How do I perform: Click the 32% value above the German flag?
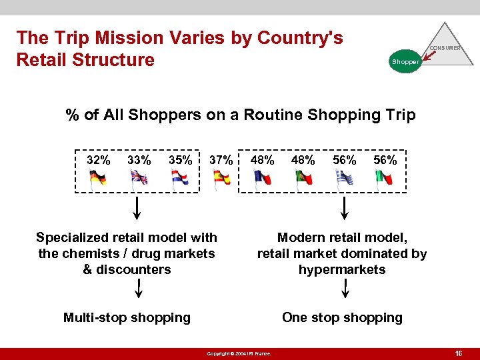tap(99, 160)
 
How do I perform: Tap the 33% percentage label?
tap(139, 160)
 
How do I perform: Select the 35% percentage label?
tap(180, 160)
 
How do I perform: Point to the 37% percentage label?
tap(221, 160)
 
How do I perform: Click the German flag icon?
tap(98, 179)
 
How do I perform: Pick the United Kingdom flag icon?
tap(139, 179)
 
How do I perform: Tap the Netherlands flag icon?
tap(180, 179)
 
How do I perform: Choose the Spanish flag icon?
tap(221, 179)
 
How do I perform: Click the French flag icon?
tap(263, 179)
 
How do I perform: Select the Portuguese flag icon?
tap(304, 179)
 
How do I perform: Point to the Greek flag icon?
tap(344, 179)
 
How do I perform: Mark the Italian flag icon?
tap(384, 179)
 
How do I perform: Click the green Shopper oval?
tap(405, 61)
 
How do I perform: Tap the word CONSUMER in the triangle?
tap(445, 48)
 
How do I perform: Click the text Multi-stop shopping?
tap(127, 317)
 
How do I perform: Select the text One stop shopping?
tap(342, 317)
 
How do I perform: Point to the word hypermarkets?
tap(342, 269)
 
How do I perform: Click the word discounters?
tap(133, 269)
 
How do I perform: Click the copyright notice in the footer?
tap(239, 353)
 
